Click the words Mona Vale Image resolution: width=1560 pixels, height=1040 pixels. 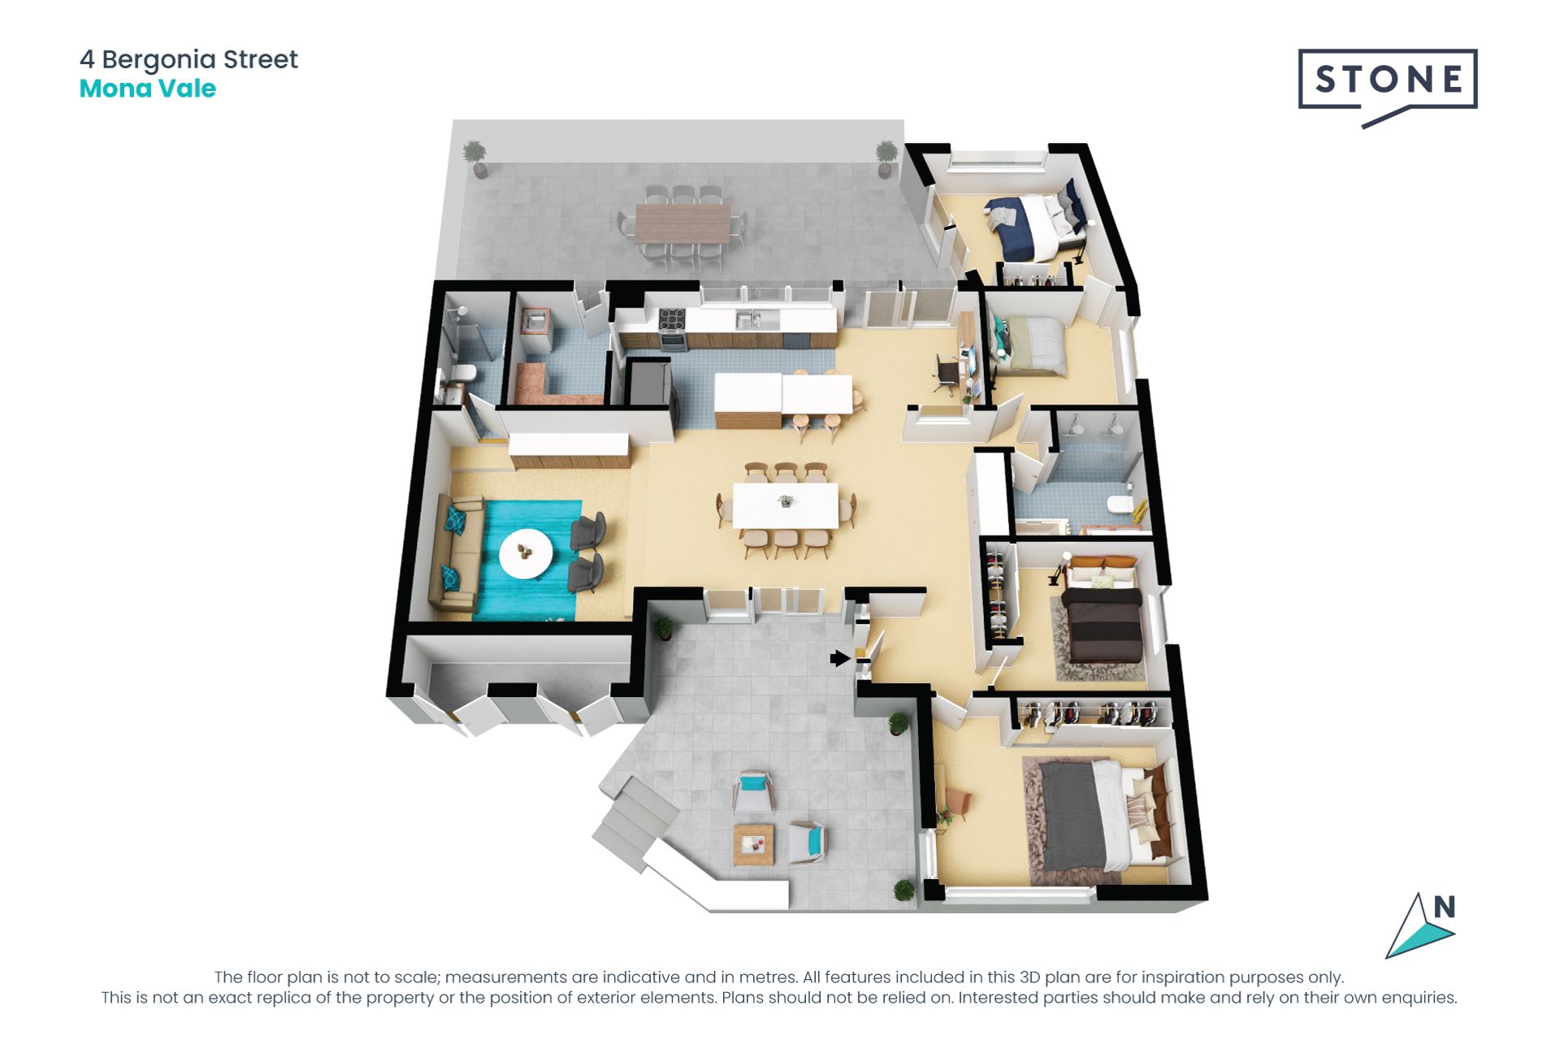[x=147, y=89]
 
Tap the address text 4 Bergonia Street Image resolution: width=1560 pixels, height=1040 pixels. [x=188, y=59]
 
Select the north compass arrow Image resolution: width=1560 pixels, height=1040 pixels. [x=1419, y=927]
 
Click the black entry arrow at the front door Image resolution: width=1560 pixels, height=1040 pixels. [x=839, y=658]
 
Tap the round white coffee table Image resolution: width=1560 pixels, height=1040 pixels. [x=526, y=554]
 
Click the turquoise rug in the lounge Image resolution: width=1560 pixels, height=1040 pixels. [x=527, y=560]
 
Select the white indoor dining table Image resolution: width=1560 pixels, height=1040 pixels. [x=785, y=506]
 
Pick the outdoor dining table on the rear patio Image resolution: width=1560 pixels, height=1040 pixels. [x=683, y=222]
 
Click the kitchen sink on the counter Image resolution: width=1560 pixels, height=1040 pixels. [x=748, y=319]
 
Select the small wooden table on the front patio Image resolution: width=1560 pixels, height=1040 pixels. [x=753, y=844]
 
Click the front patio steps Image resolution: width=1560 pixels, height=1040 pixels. [x=637, y=821]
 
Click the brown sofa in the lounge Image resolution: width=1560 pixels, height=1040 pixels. [x=457, y=552]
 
